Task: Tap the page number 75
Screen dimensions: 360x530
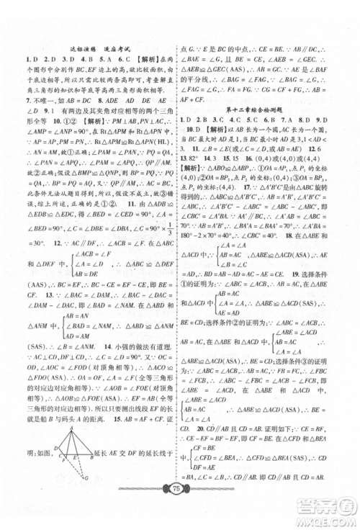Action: pyautogui.click(x=180, y=506)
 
